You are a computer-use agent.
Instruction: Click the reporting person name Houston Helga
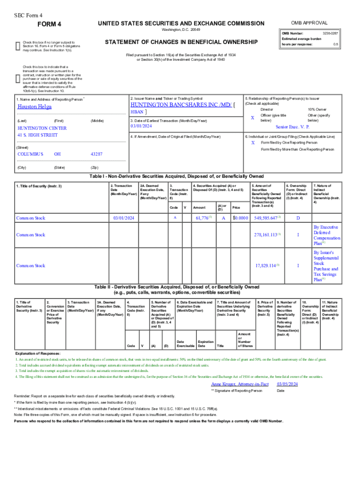point(35,107)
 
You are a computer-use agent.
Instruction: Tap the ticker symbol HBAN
point(137,112)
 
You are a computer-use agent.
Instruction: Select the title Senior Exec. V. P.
point(292,127)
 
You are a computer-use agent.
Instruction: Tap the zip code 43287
point(96,154)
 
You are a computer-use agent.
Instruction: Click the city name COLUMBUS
point(30,154)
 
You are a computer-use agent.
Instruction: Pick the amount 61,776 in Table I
point(203,218)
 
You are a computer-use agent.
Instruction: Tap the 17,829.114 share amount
point(266,266)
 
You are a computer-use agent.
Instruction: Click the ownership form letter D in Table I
point(298,218)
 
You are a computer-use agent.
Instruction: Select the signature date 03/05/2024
point(287,384)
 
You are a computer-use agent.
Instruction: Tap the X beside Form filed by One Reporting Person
point(253,142)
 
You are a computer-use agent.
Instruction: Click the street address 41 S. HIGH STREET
point(37,135)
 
